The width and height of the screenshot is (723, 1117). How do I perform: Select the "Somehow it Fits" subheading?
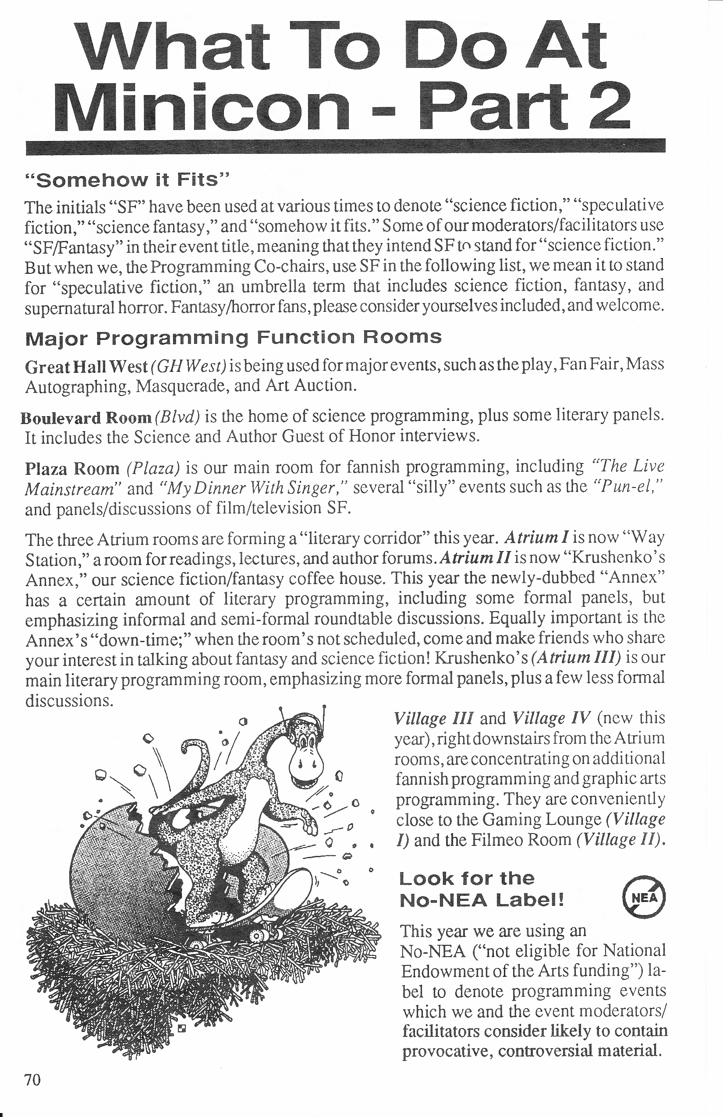point(127,180)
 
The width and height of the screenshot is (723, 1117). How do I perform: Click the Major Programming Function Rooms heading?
point(233,337)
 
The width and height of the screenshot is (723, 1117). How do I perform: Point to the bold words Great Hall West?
point(86,366)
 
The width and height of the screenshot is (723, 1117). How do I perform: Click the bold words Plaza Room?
point(72,468)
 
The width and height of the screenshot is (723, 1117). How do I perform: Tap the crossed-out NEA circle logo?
point(644,897)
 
